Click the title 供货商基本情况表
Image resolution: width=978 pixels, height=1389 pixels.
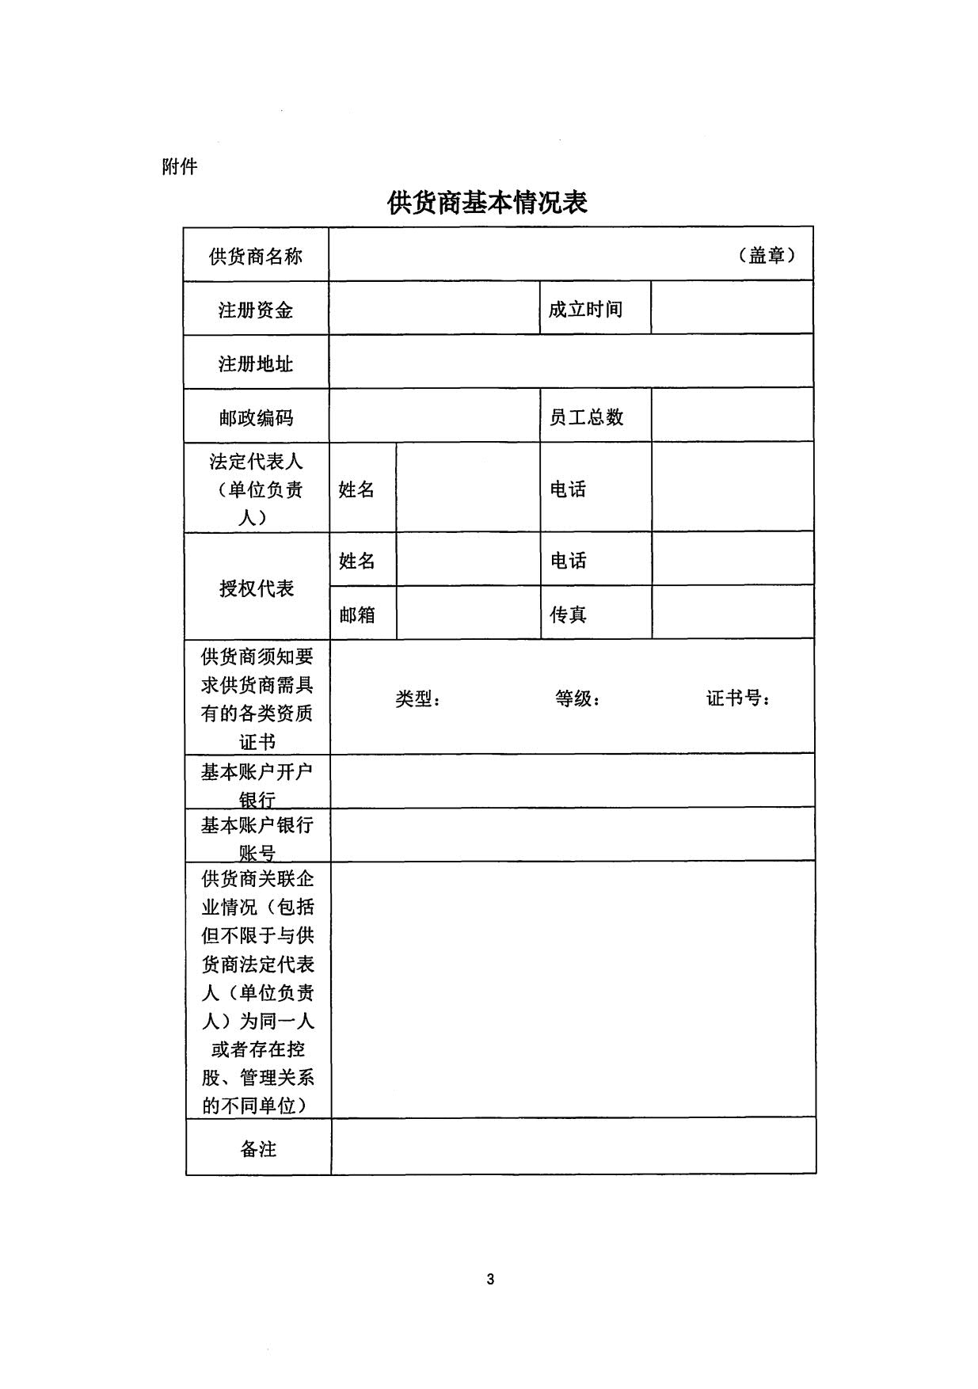pyautogui.click(x=487, y=203)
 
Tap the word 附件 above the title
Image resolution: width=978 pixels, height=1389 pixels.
pyautogui.click(x=179, y=166)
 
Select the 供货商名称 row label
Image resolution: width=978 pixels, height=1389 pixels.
pyautogui.click(x=256, y=256)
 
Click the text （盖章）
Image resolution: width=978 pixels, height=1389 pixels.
pyautogui.click(x=767, y=255)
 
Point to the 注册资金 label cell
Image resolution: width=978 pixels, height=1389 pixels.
pyautogui.click(x=256, y=310)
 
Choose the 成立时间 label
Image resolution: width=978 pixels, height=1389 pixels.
pyautogui.click(x=585, y=309)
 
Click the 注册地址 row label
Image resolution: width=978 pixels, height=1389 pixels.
pyautogui.click(x=256, y=363)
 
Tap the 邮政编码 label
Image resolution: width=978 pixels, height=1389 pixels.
pyautogui.click(x=256, y=417)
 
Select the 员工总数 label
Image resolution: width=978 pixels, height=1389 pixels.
pyautogui.click(x=586, y=417)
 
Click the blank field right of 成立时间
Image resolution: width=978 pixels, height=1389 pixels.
pyautogui.click(x=732, y=308)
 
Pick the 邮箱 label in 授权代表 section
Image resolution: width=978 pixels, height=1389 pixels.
pyautogui.click(x=357, y=615)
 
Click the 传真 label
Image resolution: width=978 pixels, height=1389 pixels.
pyautogui.click(x=568, y=615)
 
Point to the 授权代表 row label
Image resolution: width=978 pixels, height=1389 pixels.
pyautogui.click(x=257, y=588)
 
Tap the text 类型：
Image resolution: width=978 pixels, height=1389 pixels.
pyautogui.click(x=418, y=698)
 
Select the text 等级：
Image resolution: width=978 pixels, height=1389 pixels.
pyautogui.click(x=578, y=698)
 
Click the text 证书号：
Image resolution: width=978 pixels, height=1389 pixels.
pyautogui.click(x=739, y=698)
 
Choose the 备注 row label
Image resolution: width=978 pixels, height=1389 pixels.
pyautogui.click(x=258, y=1148)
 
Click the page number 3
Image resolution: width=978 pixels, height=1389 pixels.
pyautogui.click(x=490, y=1279)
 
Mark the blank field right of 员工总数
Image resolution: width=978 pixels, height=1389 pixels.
pyautogui.click(x=732, y=416)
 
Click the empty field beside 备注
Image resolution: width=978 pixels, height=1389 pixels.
pyautogui.click(x=573, y=1147)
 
